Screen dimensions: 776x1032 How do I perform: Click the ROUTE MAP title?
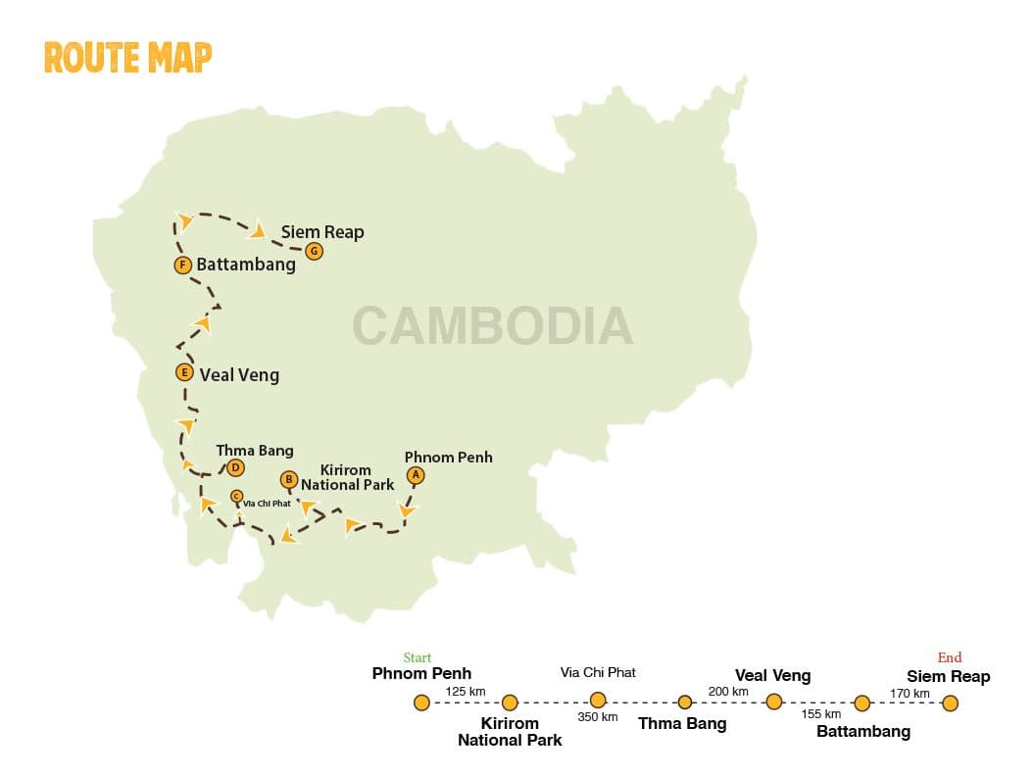coord(127,58)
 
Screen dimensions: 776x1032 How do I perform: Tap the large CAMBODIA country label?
coord(492,326)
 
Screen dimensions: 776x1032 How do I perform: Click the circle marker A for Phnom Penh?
coord(416,475)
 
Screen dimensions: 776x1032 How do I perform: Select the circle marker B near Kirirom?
coord(288,479)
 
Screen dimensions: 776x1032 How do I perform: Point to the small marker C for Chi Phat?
coord(236,496)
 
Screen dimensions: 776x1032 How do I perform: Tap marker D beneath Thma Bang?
coord(235,467)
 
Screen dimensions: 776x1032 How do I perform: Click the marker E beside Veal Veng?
coord(183,372)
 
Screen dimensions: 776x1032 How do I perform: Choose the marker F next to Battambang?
coord(181,265)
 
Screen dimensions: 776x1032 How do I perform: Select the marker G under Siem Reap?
coord(314,251)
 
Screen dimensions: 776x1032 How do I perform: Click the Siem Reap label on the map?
coord(322,232)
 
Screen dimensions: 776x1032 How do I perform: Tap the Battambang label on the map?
coord(245,265)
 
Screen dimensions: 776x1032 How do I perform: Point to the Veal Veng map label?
coord(239,374)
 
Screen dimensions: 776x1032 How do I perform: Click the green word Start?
coord(418,657)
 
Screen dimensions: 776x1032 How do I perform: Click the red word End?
coord(949,657)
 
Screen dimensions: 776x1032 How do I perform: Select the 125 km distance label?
coord(466,692)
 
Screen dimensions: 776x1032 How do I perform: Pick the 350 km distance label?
coord(598,717)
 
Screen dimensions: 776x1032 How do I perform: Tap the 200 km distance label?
coord(728,692)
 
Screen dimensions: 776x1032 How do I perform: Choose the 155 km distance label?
coord(820,714)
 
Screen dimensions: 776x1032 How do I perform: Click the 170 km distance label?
coord(909,694)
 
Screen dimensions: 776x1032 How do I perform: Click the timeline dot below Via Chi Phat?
coord(598,700)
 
